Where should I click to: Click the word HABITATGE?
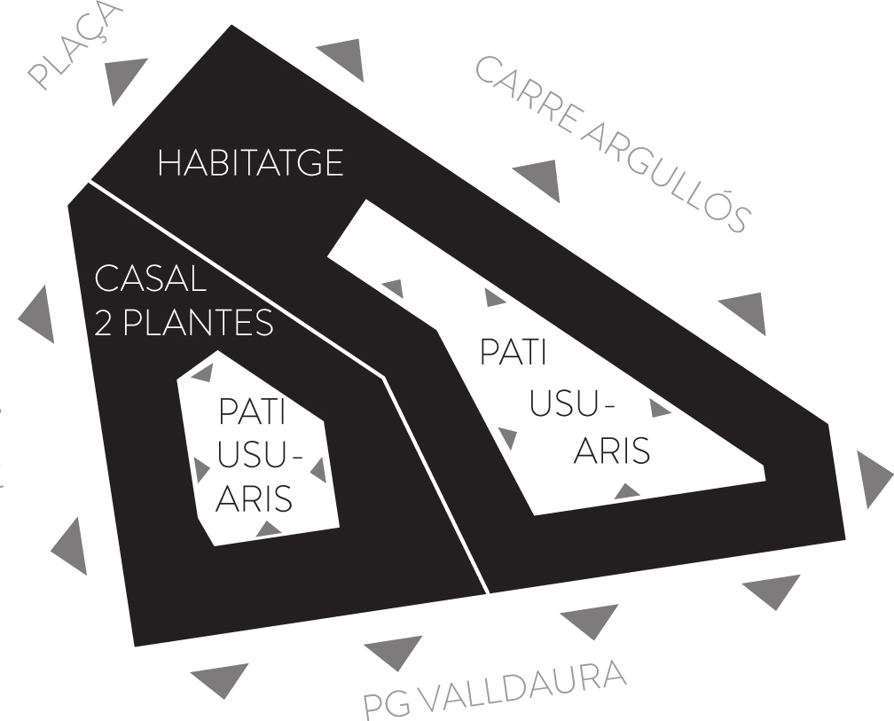pyautogui.click(x=250, y=163)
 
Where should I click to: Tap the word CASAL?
pyautogui.click(x=150, y=279)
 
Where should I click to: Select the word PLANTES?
pyautogui.click(x=196, y=324)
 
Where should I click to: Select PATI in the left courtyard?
pyautogui.click(x=252, y=413)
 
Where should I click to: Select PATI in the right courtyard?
pyautogui.click(x=513, y=350)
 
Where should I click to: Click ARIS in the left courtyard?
pyautogui.click(x=255, y=498)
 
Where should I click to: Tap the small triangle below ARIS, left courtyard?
pyautogui.click(x=268, y=529)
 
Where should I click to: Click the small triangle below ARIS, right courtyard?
pyautogui.click(x=627, y=490)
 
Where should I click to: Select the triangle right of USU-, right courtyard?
pyautogui.click(x=659, y=408)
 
